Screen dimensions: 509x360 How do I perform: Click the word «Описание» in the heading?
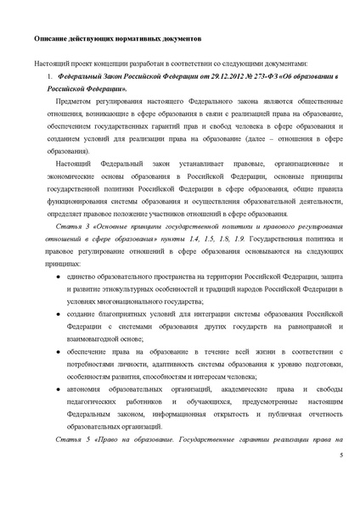click(x=52, y=39)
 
